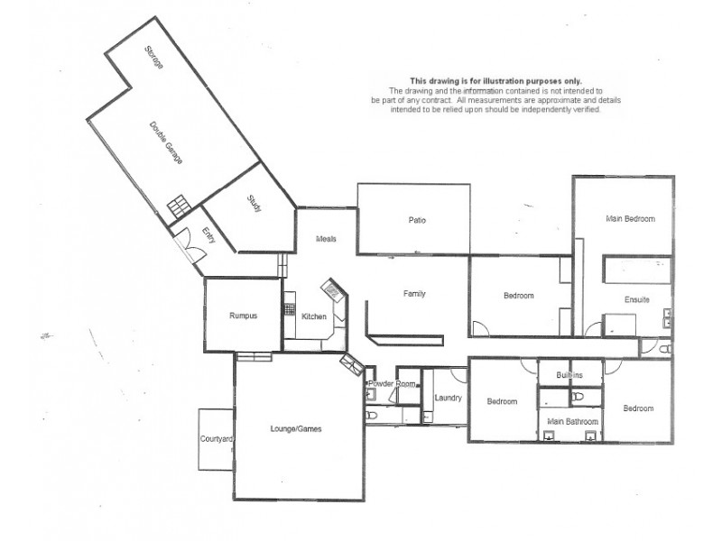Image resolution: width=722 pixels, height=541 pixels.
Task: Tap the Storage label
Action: [154, 63]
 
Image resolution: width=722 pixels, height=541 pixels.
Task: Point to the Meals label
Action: [326, 239]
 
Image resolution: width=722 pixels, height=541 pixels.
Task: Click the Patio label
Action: [417, 220]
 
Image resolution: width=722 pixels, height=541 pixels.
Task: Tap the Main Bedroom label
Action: [630, 219]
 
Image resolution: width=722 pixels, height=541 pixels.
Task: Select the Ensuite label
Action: [637, 299]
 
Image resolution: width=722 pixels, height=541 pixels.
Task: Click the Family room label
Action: [414, 294]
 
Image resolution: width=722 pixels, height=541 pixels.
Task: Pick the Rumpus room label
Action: [244, 316]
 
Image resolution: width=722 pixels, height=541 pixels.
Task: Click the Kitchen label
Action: [314, 316]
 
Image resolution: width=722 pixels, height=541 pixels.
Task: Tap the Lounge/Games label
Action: [296, 429]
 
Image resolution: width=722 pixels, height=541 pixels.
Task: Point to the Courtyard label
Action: [217, 439]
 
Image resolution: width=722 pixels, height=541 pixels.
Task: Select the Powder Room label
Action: [393, 384]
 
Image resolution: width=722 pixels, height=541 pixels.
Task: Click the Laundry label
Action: [448, 398]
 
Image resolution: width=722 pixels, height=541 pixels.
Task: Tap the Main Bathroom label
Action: [570, 420]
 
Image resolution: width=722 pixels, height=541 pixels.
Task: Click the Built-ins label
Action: [569, 374]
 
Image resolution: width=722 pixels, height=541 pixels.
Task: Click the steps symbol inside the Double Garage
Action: [179, 205]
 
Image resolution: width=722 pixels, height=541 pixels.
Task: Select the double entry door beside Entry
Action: [188, 244]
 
